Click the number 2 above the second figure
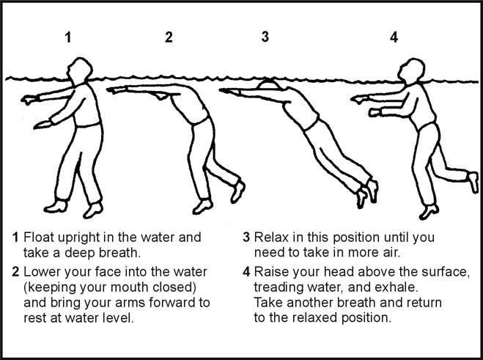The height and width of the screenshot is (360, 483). tap(169, 37)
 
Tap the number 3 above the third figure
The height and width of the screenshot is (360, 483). tap(265, 37)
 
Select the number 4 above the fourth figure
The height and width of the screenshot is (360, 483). tap(394, 37)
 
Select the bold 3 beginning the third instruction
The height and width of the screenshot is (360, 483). tap(247, 238)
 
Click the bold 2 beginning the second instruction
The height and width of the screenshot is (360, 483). tap(15, 271)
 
